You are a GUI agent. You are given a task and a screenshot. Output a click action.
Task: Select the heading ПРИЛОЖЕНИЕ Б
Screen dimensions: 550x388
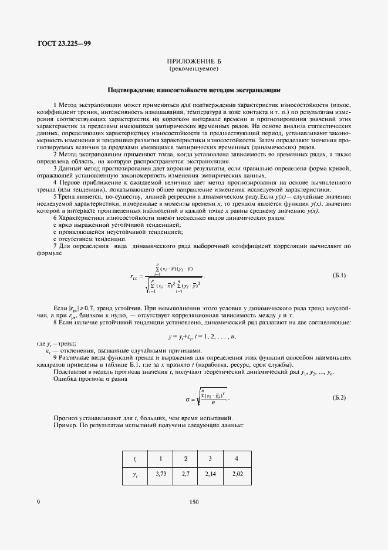194,61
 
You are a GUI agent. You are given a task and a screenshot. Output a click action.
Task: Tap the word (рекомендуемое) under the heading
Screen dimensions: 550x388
194,69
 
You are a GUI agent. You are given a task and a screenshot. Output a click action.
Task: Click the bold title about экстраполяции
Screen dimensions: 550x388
194,90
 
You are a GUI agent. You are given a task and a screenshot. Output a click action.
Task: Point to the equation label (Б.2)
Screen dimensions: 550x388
339,398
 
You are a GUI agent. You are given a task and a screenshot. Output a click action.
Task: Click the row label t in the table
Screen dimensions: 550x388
135,459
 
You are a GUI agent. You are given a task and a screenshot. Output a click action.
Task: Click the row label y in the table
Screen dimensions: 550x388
135,474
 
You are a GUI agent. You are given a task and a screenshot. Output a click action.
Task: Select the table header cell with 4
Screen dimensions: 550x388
237,458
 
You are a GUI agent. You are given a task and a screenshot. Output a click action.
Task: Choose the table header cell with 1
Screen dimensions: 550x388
160,458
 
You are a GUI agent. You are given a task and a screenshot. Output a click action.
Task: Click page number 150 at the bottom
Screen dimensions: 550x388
194,502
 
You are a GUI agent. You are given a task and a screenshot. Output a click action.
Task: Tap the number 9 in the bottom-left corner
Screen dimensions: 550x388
39,502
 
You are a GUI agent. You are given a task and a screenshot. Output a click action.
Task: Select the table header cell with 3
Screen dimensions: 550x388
211,458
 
